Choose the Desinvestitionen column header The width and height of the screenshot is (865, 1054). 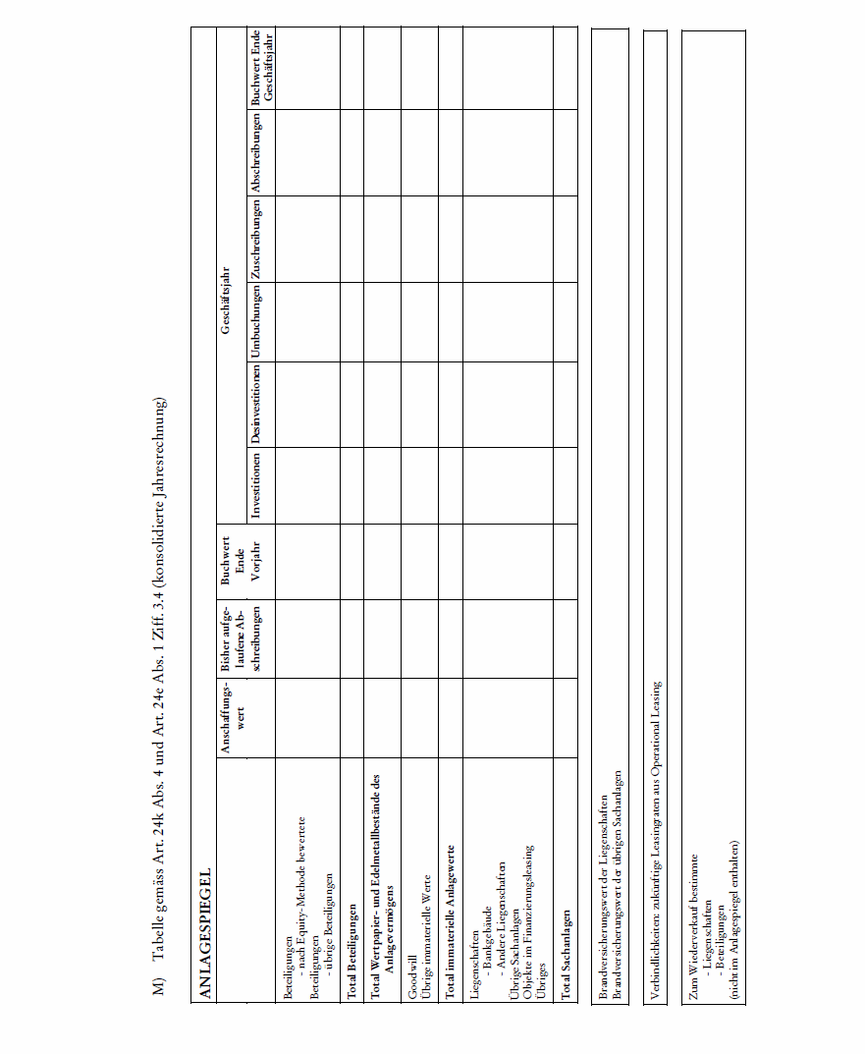coord(256,405)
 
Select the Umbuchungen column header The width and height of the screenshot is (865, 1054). coord(256,321)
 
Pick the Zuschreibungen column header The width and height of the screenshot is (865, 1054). coord(256,239)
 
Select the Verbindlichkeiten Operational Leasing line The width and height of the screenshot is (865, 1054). coord(655,840)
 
